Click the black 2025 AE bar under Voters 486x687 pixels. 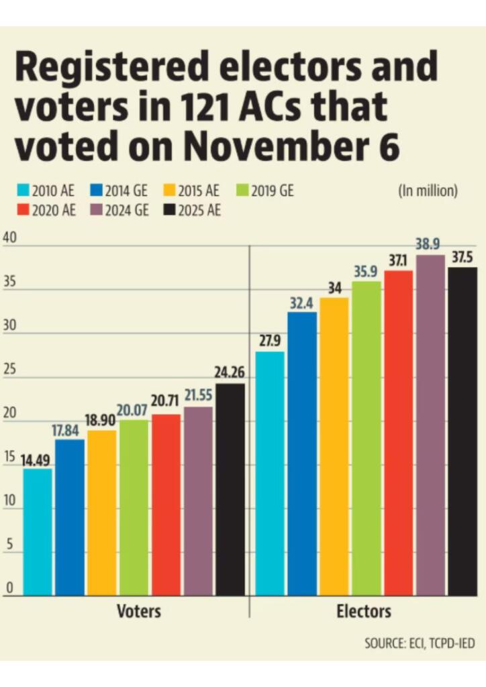point(230,489)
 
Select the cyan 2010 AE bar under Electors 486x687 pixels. point(270,473)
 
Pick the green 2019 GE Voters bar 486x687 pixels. point(134,507)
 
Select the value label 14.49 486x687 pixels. point(37,458)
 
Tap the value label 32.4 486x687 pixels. point(302,303)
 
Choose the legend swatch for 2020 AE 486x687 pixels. point(21,210)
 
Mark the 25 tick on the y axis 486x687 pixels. point(9,370)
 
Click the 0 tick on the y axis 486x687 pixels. point(9,588)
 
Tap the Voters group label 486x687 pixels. point(139,611)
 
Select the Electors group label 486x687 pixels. point(363,611)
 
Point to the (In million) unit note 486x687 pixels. point(428,191)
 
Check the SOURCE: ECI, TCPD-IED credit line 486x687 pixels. point(419,643)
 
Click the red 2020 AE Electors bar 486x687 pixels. point(398,433)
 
